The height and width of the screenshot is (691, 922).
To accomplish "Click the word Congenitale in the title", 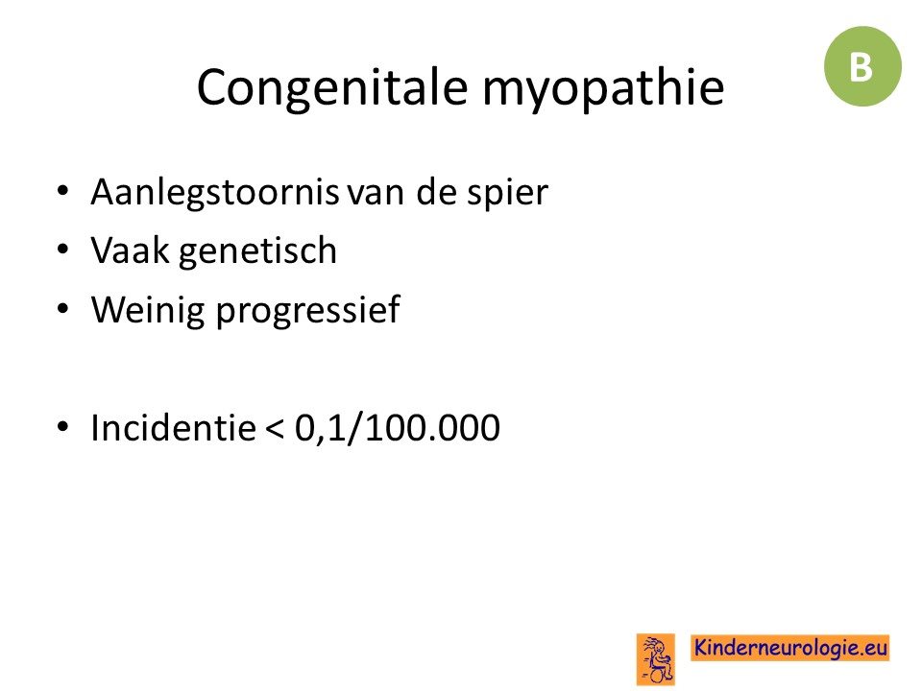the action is (331, 87).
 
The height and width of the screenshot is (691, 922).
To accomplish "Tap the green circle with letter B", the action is (862, 66).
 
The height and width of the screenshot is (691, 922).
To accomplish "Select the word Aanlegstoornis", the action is (214, 193).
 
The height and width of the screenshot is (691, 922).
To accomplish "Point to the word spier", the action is (507, 193).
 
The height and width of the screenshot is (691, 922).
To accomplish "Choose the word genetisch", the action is (257, 252).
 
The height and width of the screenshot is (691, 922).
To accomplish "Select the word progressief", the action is (308, 310).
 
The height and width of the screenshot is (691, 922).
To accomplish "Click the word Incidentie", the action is (173, 427).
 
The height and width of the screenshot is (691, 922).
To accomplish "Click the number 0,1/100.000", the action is (397, 428).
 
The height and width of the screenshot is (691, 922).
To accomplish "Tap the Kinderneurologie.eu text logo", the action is (789, 648).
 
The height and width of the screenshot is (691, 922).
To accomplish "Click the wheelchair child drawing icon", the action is (655, 659).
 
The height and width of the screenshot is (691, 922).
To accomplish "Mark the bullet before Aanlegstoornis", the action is (63, 192).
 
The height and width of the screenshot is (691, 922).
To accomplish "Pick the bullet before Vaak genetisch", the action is (63, 250).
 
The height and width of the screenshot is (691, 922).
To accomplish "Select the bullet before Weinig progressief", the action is (63, 308).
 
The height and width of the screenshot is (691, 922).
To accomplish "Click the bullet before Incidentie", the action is (63, 426).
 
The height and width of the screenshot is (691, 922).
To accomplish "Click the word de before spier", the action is (436, 192).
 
